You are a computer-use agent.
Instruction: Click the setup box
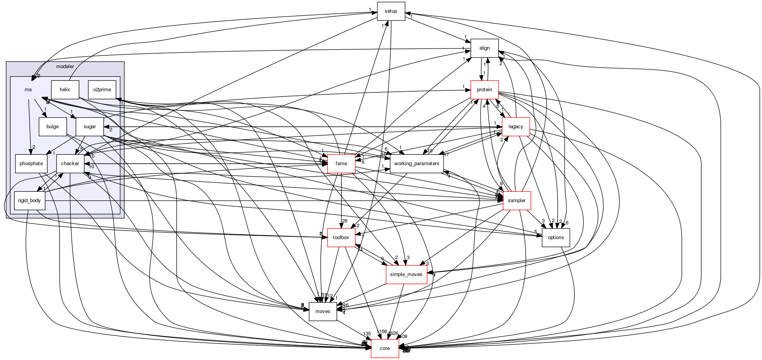(391, 11)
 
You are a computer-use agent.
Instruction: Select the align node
(484, 48)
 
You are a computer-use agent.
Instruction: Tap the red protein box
(484, 90)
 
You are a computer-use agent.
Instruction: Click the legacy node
(516, 127)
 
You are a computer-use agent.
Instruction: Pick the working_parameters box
(416, 164)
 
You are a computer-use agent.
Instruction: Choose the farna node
(341, 164)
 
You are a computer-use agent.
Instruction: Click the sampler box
(516, 201)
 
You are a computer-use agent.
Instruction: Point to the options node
(556, 238)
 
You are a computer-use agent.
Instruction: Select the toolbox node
(341, 238)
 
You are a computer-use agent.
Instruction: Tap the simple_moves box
(406, 275)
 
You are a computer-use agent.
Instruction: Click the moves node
(323, 311)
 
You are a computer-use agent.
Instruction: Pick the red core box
(385, 348)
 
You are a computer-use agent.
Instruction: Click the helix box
(65, 90)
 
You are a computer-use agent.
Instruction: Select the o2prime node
(102, 90)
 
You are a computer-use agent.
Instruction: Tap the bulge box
(52, 127)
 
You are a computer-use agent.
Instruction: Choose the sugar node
(90, 127)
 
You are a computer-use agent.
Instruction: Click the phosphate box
(31, 164)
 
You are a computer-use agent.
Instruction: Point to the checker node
(70, 164)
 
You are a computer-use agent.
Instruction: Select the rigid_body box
(29, 201)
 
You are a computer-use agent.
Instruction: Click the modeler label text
(65, 67)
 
